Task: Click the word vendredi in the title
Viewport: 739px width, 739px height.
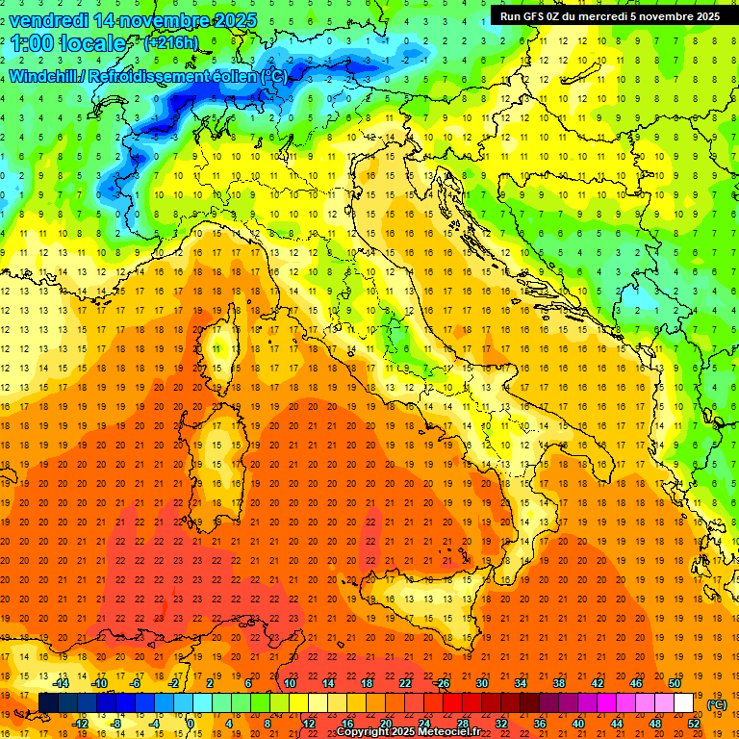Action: tap(50, 20)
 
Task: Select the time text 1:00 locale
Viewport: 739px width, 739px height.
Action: tap(68, 43)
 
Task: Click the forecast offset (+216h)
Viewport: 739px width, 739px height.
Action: tap(170, 43)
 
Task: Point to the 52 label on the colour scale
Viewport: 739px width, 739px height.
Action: tap(694, 724)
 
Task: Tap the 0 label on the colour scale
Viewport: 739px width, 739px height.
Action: tap(191, 724)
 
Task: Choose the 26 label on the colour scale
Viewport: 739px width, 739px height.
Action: tap(444, 683)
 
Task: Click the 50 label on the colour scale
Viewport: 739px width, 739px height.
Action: tap(675, 683)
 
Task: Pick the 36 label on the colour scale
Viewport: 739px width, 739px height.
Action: tap(540, 724)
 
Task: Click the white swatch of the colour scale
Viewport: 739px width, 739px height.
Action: tap(684, 702)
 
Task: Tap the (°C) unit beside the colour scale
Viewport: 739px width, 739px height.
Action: tap(716, 703)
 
